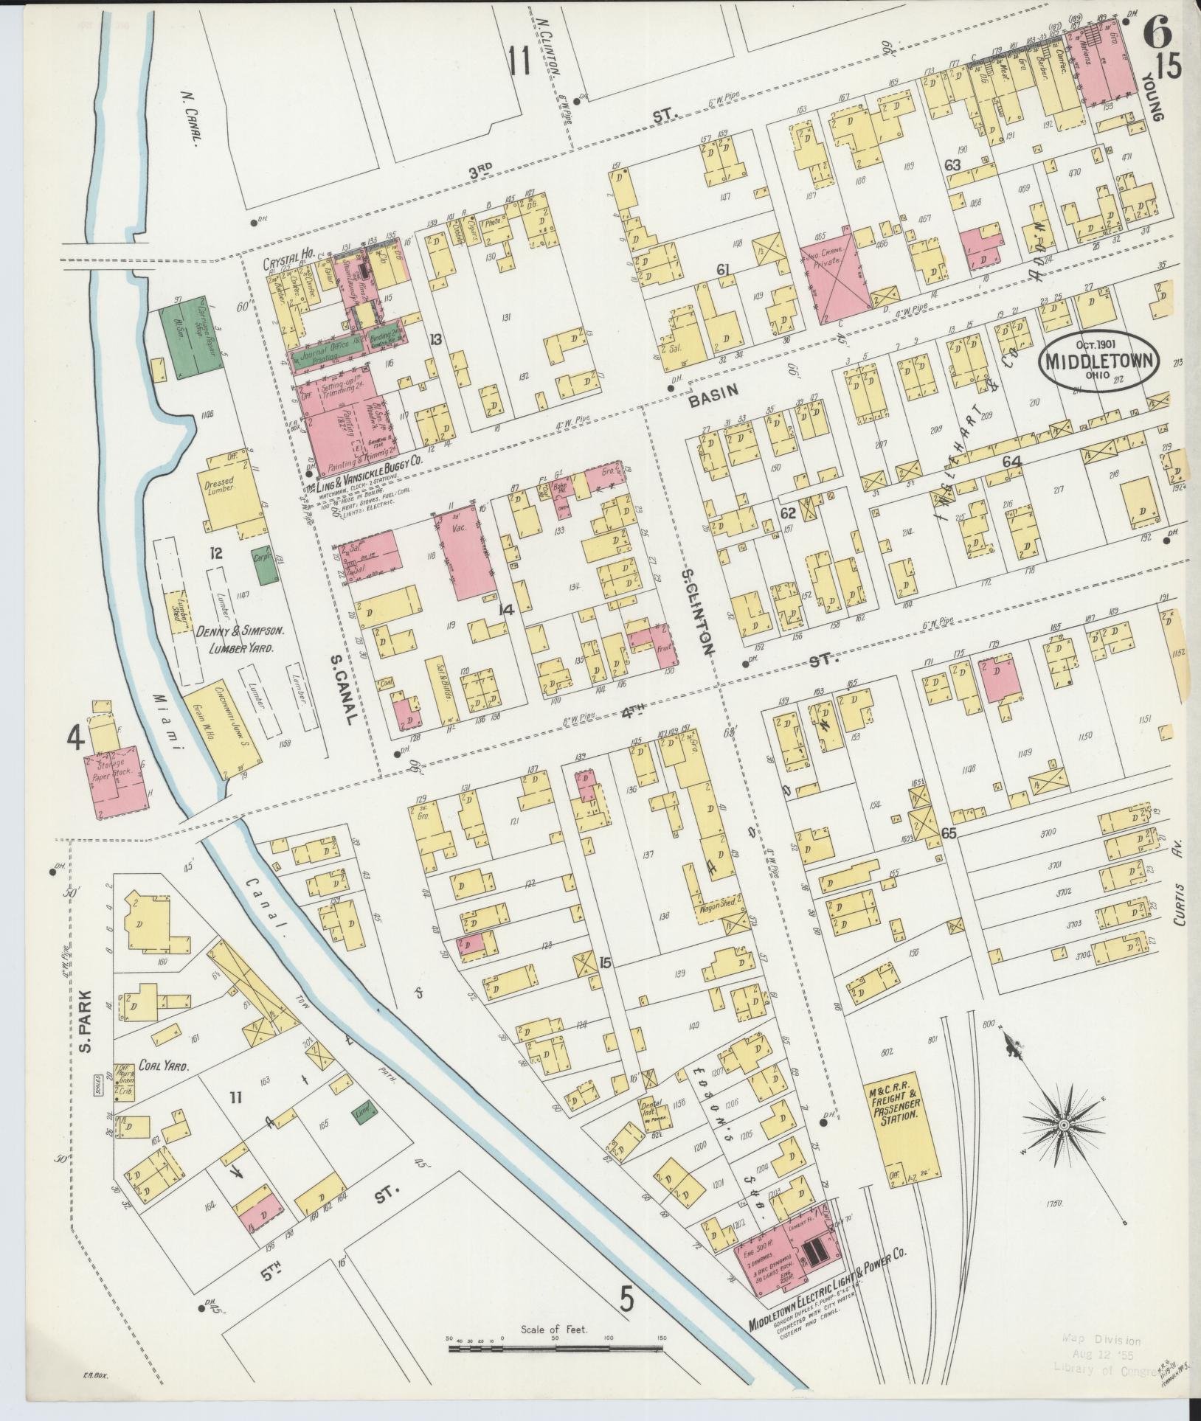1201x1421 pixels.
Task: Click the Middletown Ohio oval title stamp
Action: coord(1098,360)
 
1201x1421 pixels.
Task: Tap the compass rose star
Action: coord(1063,1145)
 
